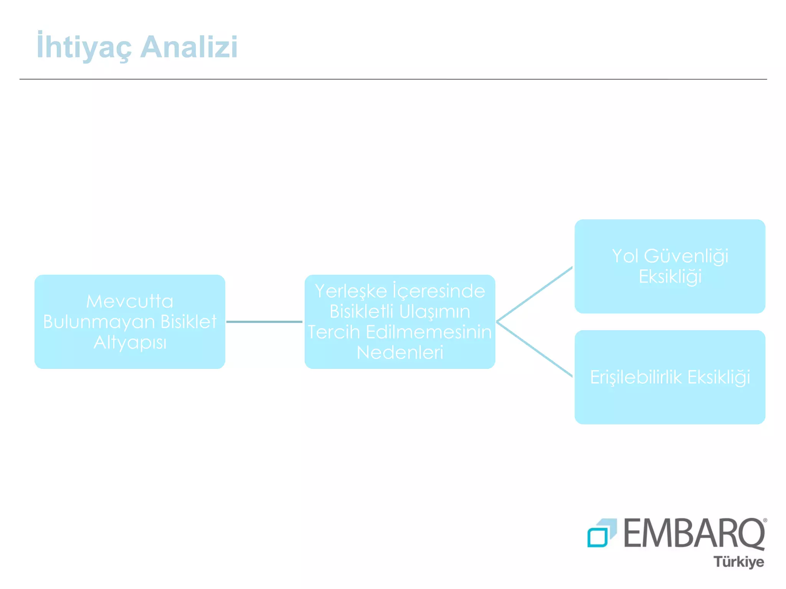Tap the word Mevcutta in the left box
[x=130, y=301]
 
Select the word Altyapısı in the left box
[x=130, y=342]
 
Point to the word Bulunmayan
[x=99, y=322]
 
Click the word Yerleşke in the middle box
[x=351, y=291]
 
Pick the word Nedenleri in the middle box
[x=400, y=352]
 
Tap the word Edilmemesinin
[x=428, y=332]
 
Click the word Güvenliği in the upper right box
[x=686, y=256]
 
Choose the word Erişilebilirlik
[x=636, y=377]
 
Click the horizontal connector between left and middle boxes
[x=264, y=322]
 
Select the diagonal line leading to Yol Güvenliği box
[x=534, y=294]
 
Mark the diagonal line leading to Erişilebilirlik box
[x=534, y=349]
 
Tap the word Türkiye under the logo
[x=739, y=562]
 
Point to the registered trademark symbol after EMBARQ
[x=765, y=520]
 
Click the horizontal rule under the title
[x=393, y=79]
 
